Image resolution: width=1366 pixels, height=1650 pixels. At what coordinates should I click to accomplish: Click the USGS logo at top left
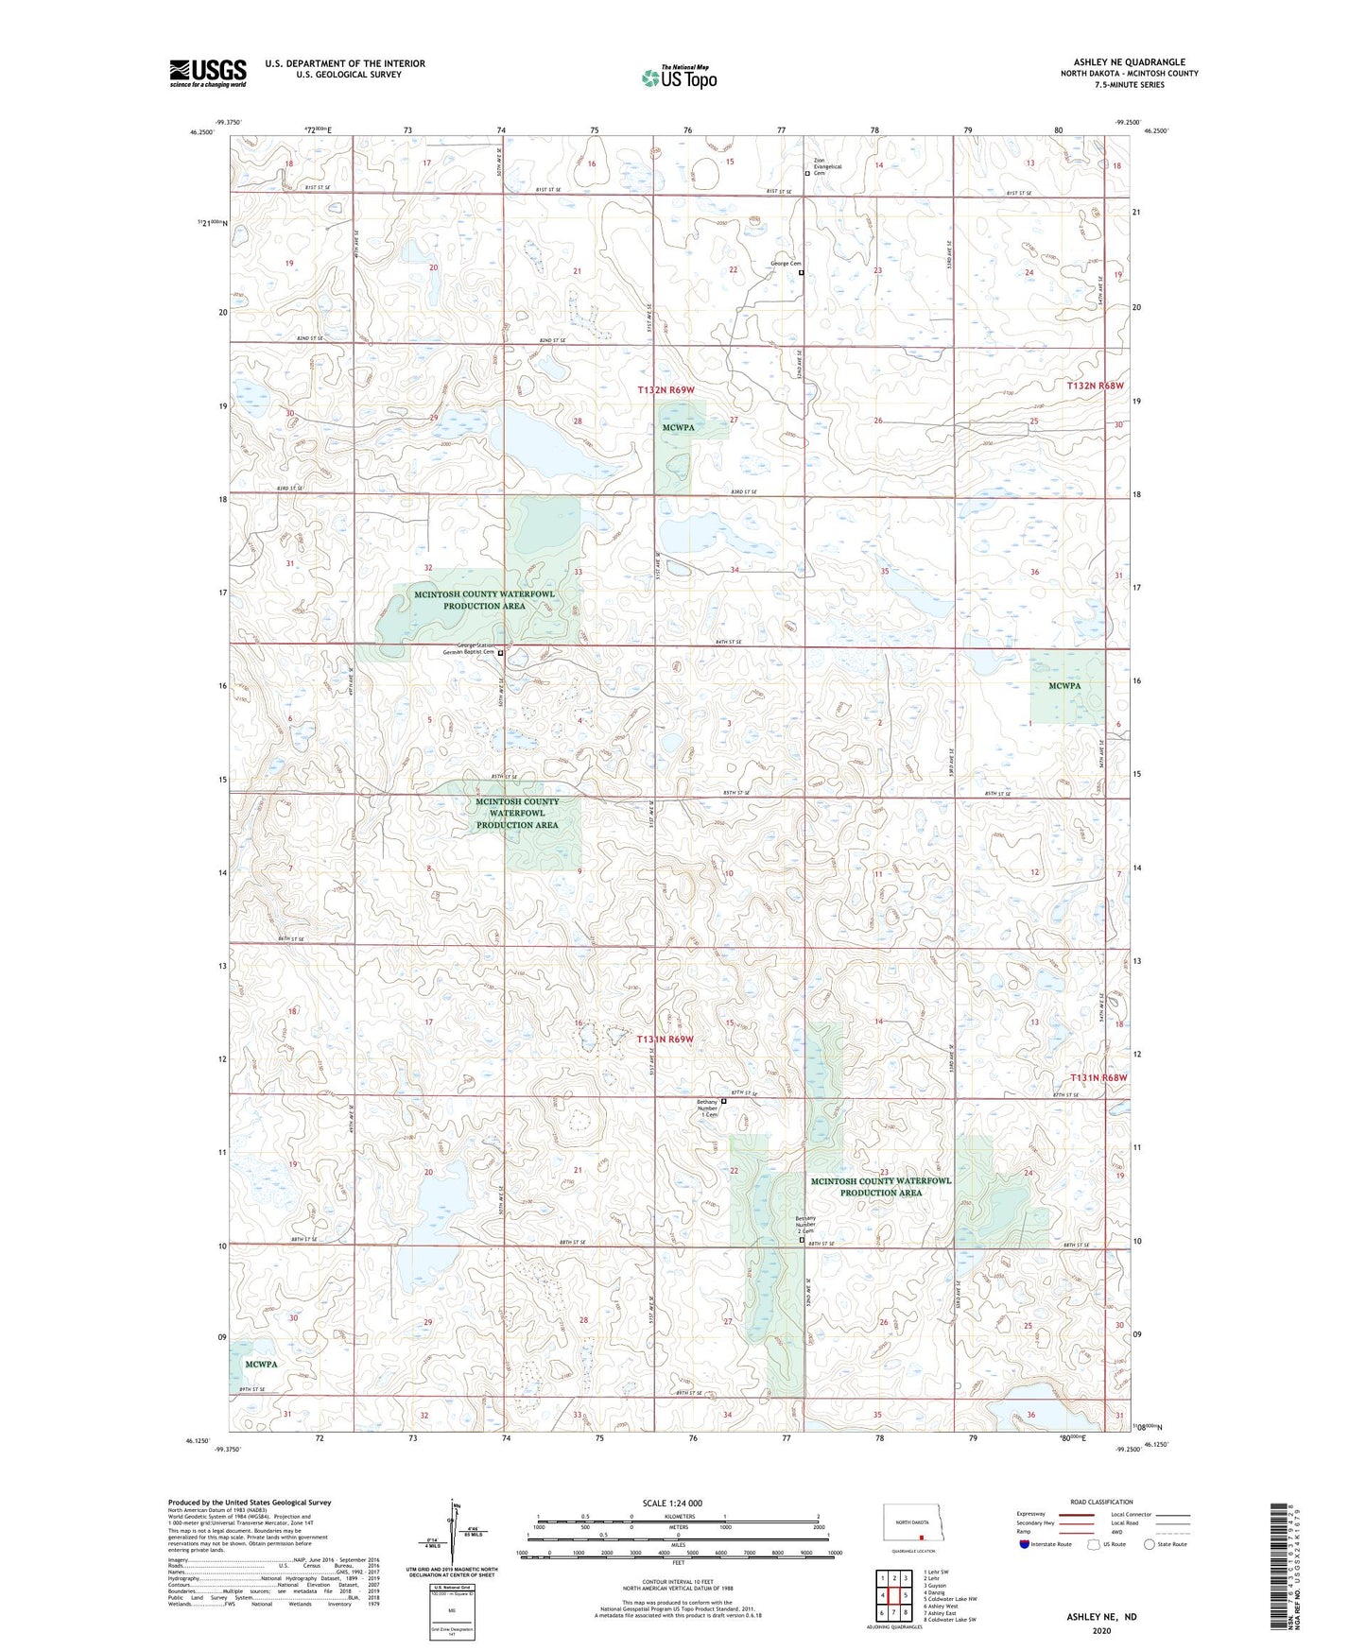(x=207, y=73)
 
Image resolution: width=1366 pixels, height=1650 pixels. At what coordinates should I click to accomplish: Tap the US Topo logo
(x=678, y=77)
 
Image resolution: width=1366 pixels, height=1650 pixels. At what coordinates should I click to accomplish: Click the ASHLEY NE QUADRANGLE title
(x=1129, y=62)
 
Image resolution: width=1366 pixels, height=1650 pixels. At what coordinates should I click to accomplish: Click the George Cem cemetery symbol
(x=802, y=272)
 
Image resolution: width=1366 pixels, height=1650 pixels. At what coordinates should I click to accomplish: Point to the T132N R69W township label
(x=666, y=389)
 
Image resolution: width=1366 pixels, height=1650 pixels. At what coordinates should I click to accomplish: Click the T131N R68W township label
(x=1098, y=1077)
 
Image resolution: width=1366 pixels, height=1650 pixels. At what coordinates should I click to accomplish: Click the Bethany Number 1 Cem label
(x=708, y=1108)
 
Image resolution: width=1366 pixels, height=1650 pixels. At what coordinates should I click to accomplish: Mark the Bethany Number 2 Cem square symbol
(x=803, y=1242)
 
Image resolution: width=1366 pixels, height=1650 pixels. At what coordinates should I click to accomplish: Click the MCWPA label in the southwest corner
(x=261, y=1365)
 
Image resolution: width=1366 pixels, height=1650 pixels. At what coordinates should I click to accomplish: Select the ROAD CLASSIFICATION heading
(x=1100, y=1502)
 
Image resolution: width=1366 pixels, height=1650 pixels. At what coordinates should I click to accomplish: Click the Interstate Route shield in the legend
(x=1026, y=1544)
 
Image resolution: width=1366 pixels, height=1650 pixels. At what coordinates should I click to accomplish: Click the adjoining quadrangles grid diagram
(x=893, y=1595)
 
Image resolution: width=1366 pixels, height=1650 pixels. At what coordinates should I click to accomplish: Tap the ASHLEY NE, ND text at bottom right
(x=1101, y=1617)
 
